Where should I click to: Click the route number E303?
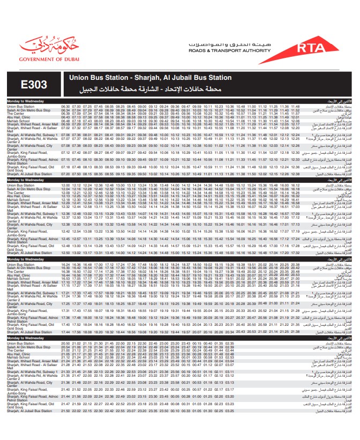(34, 85)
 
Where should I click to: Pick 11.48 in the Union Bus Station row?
(295, 107)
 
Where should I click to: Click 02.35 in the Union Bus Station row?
(229, 343)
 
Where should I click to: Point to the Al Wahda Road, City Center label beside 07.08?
(29, 146)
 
